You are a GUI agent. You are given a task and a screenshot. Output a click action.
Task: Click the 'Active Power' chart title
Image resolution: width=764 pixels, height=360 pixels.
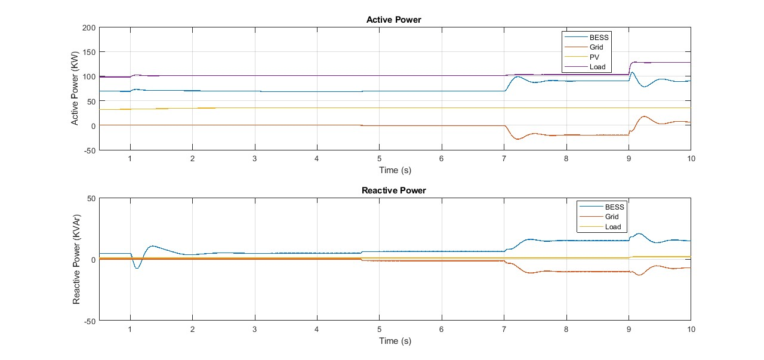tap(393, 20)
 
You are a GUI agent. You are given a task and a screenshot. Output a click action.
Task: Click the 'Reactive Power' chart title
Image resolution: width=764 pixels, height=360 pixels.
tap(393, 190)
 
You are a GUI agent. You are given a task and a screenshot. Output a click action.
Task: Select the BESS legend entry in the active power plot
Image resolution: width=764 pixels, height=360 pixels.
tap(599, 38)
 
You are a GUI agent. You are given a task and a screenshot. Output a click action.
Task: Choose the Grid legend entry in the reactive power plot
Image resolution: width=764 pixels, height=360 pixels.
tap(612, 217)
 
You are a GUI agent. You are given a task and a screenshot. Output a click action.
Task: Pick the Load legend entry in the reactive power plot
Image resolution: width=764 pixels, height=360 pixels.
tap(612, 227)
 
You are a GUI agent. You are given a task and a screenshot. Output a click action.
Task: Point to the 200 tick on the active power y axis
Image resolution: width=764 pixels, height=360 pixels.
tap(89, 27)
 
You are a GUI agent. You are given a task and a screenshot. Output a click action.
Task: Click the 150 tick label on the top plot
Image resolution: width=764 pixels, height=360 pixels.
tap(89, 52)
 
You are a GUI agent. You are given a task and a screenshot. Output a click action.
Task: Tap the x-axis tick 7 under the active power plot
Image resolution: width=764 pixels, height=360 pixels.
tap(504, 158)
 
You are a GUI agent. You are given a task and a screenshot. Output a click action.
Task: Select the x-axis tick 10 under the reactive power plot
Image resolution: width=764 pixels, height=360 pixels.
tap(691, 329)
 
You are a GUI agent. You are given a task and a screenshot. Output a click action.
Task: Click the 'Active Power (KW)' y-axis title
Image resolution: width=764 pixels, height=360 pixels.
tap(75, 89)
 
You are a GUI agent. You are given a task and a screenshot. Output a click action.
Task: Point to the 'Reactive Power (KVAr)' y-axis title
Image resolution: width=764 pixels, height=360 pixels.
tap(76, 259)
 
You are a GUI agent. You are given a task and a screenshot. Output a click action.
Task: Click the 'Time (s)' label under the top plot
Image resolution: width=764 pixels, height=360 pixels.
tap(395, 170)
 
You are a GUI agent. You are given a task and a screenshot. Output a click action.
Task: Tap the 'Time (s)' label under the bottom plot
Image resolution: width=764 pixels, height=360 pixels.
tap(395, 341)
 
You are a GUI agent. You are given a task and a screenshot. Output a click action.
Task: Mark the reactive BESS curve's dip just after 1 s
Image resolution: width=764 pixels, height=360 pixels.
tap(137, 268)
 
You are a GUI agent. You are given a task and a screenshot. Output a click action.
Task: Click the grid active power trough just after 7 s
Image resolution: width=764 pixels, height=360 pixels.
tap(517, 139)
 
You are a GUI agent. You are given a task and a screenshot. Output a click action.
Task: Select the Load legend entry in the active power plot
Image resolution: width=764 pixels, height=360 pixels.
tap(597, 67)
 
